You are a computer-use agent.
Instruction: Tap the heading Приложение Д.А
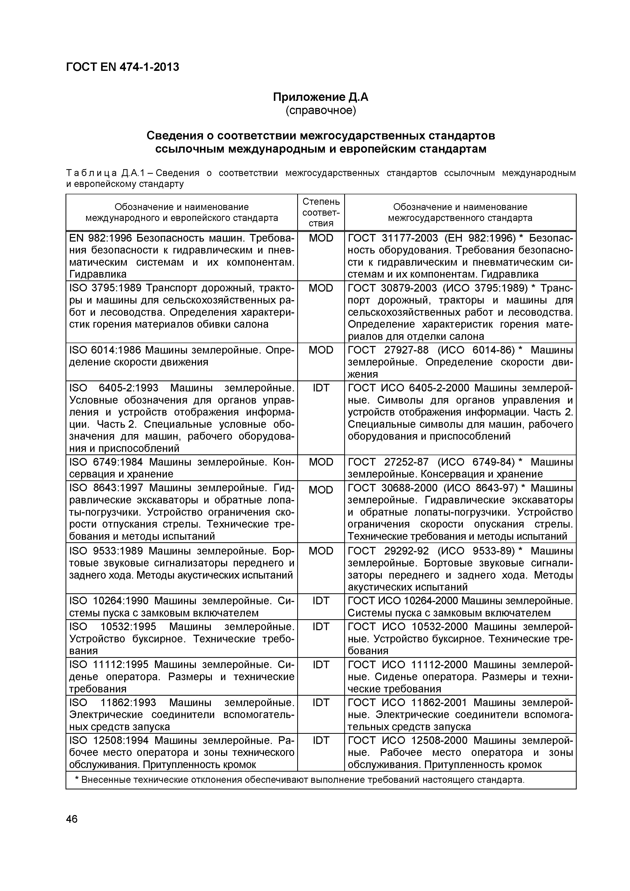coord(321,97)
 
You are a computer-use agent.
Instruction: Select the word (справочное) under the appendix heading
coord(321,110)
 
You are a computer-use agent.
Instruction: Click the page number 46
coord(72,819)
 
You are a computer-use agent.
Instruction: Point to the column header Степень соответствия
coord(321,212)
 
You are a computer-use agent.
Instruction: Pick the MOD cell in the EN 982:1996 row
coord(321,238)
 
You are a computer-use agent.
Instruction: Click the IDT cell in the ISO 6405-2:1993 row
coord(321,388)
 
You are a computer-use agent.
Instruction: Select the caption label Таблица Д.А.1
coord(105,173)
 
